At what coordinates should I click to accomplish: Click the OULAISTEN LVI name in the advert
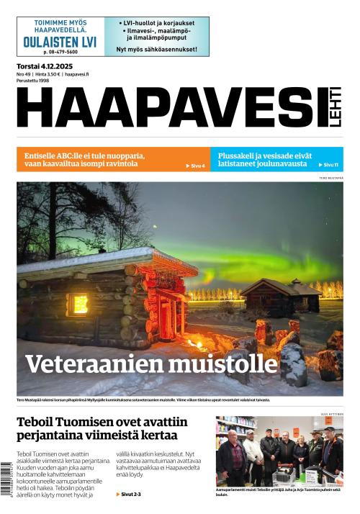[x=60, y=42]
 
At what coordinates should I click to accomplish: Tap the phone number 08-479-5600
[x=60, y=52]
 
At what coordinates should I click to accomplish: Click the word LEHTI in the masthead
[x=335, y=111]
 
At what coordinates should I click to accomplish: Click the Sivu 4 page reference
[x=196, y=166]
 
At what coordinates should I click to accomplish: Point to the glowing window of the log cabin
[x=77, y=304]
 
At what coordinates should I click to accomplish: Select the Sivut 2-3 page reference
[x=130, y=495]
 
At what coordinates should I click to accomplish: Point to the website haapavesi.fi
[x=76, y=74]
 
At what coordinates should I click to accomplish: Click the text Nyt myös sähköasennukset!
[x=156, y=50]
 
